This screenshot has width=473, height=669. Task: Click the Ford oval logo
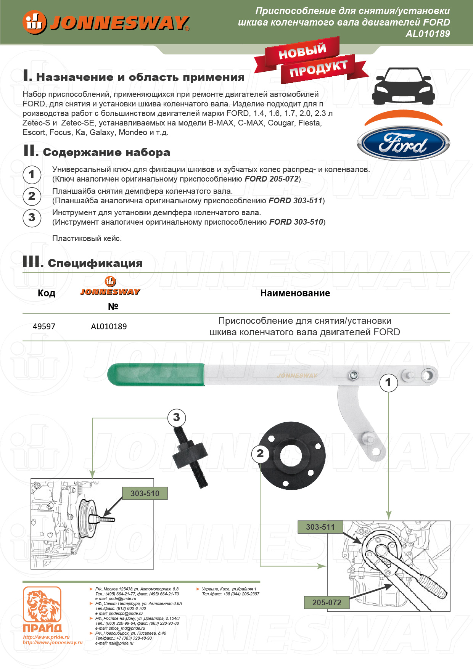403,144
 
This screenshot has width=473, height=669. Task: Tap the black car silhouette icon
403,86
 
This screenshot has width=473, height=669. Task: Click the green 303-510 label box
145,494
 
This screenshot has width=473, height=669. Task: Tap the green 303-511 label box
320,527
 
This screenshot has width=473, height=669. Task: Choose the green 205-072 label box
327,603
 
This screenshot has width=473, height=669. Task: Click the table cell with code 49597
44,326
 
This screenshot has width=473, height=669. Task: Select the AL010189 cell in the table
109,326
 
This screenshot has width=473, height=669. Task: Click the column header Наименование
295,293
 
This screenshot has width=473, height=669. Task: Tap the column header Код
47,293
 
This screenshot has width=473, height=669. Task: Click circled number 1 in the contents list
32,175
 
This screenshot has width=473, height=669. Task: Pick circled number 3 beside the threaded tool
176,418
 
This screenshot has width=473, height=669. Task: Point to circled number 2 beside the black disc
260,454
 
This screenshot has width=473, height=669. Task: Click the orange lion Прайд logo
42,606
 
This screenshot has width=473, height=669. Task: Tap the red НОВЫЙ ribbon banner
302,51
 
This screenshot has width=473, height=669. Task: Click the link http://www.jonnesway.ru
53,643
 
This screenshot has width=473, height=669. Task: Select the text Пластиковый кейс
87,239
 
